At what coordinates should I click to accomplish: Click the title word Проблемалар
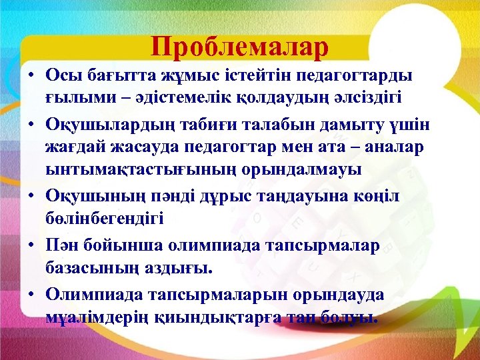(240, 47)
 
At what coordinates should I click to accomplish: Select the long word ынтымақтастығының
(130, 169)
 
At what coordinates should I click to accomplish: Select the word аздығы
(177, 268)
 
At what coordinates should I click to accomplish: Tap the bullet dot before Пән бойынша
(31, 246)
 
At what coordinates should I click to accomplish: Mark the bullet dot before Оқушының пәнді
(31, 197)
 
